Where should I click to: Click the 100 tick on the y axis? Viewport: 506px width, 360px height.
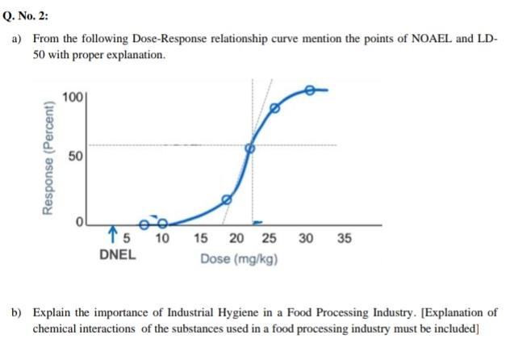[71, 98]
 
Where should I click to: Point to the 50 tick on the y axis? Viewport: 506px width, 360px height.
[73, 156]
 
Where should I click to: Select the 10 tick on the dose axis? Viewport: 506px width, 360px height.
[161, 239]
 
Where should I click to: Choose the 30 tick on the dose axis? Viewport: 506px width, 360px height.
[306, 239]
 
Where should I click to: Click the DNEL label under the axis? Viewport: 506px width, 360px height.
[118, 255]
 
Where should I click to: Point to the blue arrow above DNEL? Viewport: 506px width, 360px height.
[111, 236]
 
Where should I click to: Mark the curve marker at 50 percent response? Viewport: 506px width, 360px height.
[250, 148]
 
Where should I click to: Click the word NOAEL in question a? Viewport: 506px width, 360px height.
[413, 40]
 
